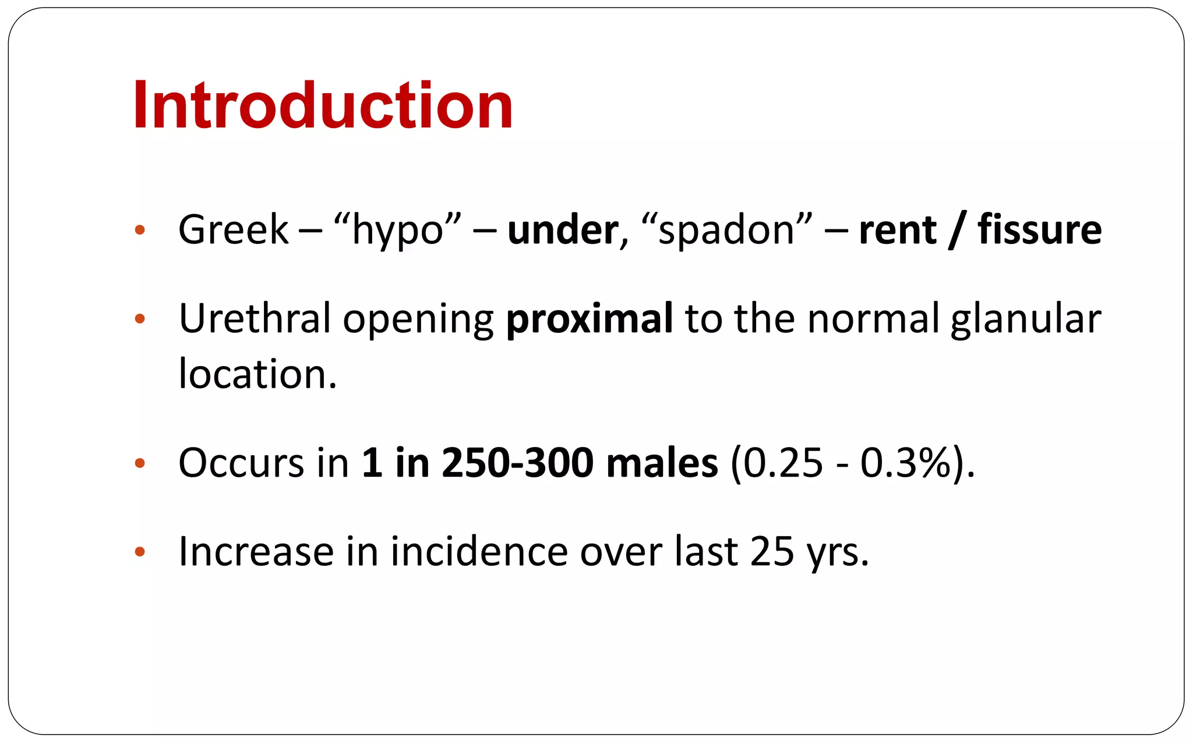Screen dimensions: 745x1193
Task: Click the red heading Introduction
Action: [x=323, y=105]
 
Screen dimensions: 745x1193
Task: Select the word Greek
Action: [x=233, y=230]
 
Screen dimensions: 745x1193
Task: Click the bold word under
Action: [x=562, y=230]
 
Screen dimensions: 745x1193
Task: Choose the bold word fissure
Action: [x=1039, y=230]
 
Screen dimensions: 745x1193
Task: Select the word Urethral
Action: [x=254, y=318]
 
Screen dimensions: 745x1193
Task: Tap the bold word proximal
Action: [x=590, y=320]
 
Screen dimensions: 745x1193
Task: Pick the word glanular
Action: [x=1025, y=320]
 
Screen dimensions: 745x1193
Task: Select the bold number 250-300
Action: [x=517, y=463]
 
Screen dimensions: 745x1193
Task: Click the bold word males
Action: [x=662, y=463]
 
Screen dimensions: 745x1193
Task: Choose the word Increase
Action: [x=256, y=551]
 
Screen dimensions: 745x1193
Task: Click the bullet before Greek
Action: [x=139, y=230]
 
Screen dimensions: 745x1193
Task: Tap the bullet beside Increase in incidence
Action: [x=139, y=551]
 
